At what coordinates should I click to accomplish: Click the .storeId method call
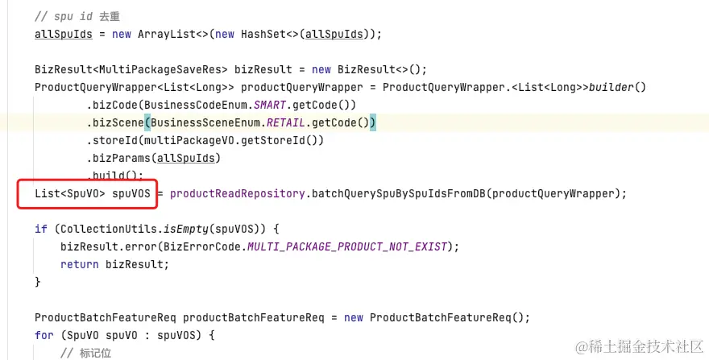pos(114,140)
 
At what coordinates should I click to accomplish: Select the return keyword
pos(79,264)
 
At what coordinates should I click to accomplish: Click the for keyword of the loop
pos(44,335)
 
